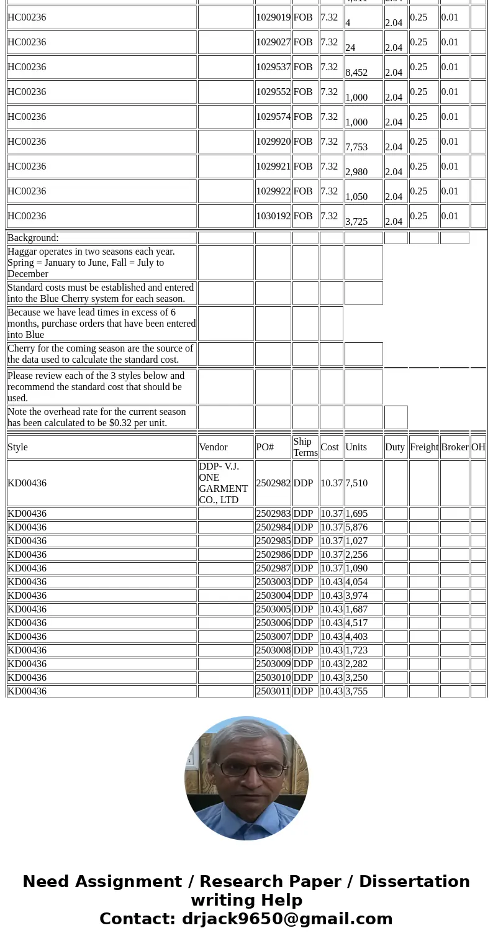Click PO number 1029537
(x=273, y=67)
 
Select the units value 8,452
(x=356, y=72)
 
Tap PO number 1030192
(x=273, y=216)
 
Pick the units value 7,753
(x=356, y=147)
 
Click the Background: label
(x=33, y=238)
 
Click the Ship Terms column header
(x=305, y=447)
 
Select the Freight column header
(x=424, y=447)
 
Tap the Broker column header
(x=455, y=447)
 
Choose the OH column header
(x=478, y=447)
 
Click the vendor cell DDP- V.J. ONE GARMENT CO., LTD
(x=224, y=483)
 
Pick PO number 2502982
(x=273, y=483)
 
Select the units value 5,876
(x=356, y=527)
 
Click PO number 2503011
(x=273, y=691)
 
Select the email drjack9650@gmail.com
(x=287, y=919)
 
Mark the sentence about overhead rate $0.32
(x=96, y=417)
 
